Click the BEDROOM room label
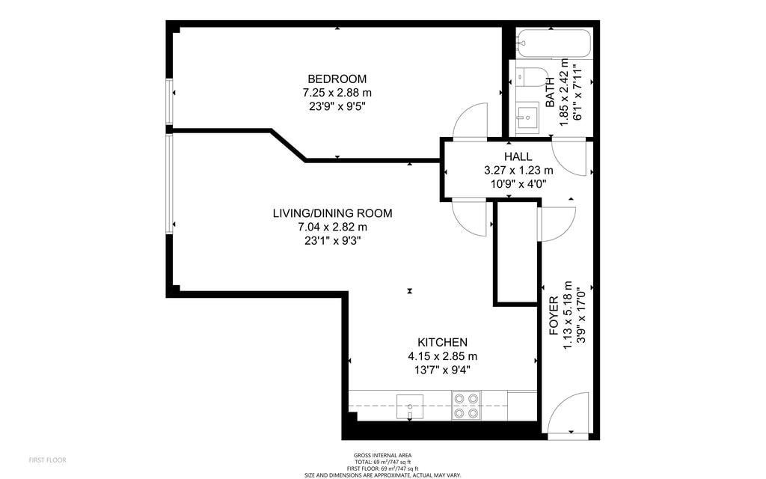[337, 79]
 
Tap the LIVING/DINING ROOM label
[332, 213]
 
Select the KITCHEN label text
[442, 342]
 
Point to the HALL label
[518, 157]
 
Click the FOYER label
[554, 315]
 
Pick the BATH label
[550, 92]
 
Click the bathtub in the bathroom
[554, 44]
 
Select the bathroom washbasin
[527, 117]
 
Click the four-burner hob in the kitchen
[466, 406]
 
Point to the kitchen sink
[410, 406]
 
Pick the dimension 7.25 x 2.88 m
[337, 92]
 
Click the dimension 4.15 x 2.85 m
[443, 356]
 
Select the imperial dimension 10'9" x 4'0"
[518, 184]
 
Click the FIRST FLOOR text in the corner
[47, 460]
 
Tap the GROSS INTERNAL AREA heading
[382, 456]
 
